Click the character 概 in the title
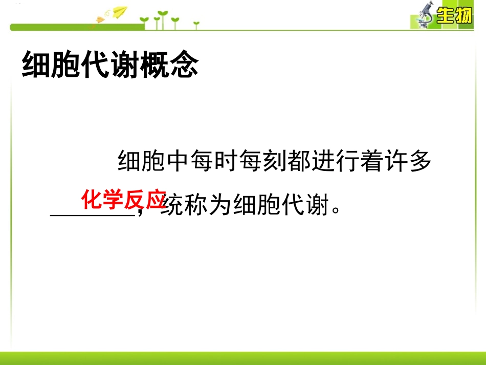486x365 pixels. point(154,65)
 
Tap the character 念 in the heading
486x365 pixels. point(183,65)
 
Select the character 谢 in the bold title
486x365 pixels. point(124,65)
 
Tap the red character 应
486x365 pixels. point(154,200)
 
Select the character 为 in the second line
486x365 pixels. point(220,207)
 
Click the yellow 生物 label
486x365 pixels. point(453,17)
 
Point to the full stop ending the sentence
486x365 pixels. point(336,211)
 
